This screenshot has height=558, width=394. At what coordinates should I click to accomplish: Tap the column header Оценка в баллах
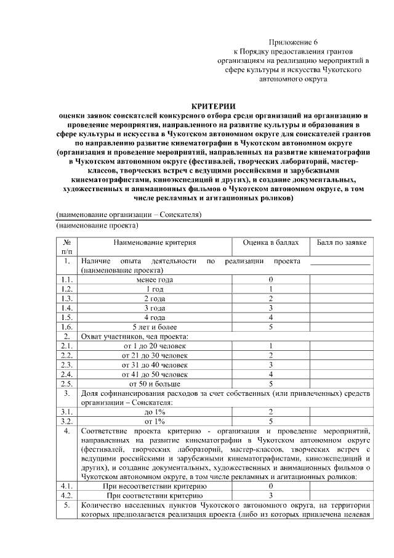[270, 244]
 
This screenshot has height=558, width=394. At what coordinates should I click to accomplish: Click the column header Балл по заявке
[342, 244]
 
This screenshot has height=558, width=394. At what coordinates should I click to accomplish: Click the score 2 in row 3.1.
[270, 411]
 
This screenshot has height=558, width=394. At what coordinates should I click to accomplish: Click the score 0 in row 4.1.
[270, 486]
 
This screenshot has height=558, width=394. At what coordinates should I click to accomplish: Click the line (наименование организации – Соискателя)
[129, 215]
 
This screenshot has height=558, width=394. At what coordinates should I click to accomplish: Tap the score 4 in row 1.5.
[270, 317]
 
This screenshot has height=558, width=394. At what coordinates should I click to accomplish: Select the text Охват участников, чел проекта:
[134, 336]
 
